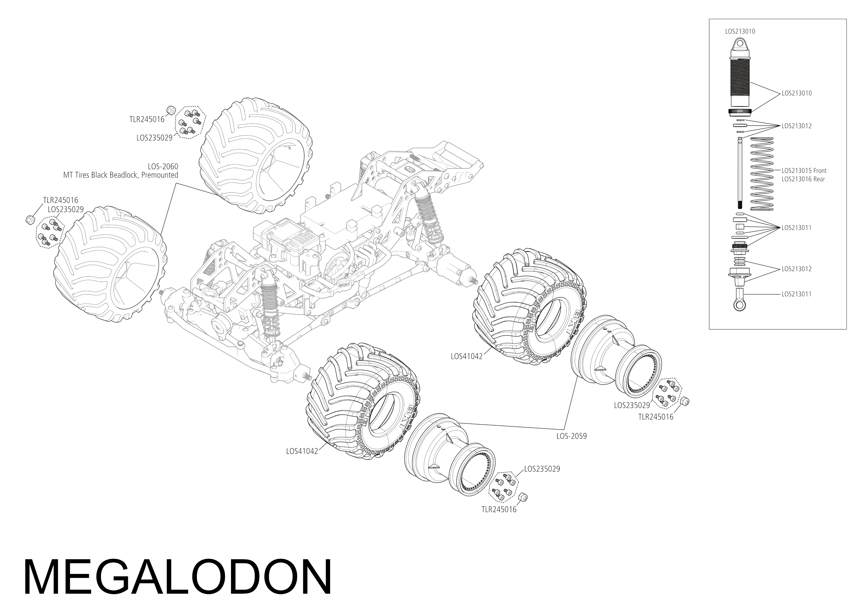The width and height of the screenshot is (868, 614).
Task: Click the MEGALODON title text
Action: coord(178,578)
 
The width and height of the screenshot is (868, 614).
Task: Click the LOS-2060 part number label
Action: coord(163,166)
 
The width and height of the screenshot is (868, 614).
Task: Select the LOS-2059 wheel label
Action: coord(571,436)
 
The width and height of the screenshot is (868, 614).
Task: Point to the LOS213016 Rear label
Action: coord(803,179)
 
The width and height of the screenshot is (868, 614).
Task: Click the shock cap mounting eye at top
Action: coord(740,45)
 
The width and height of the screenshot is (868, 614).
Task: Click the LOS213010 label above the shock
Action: coord(740,32)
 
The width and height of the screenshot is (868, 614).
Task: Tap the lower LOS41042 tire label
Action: coord(302,451)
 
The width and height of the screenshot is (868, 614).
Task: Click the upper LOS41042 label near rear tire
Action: coord(467,356)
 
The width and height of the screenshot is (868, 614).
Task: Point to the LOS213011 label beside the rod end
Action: coord(796,294)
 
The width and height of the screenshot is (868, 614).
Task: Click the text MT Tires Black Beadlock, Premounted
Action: coord(121,175)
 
